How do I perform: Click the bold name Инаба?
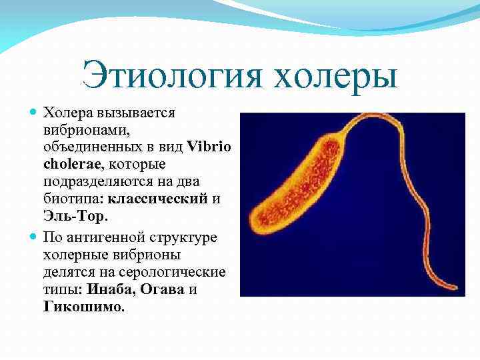click(105, 290)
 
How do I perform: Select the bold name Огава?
click(163, 290)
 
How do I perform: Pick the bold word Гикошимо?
click(83, 308)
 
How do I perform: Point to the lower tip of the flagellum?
click(456, 292)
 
